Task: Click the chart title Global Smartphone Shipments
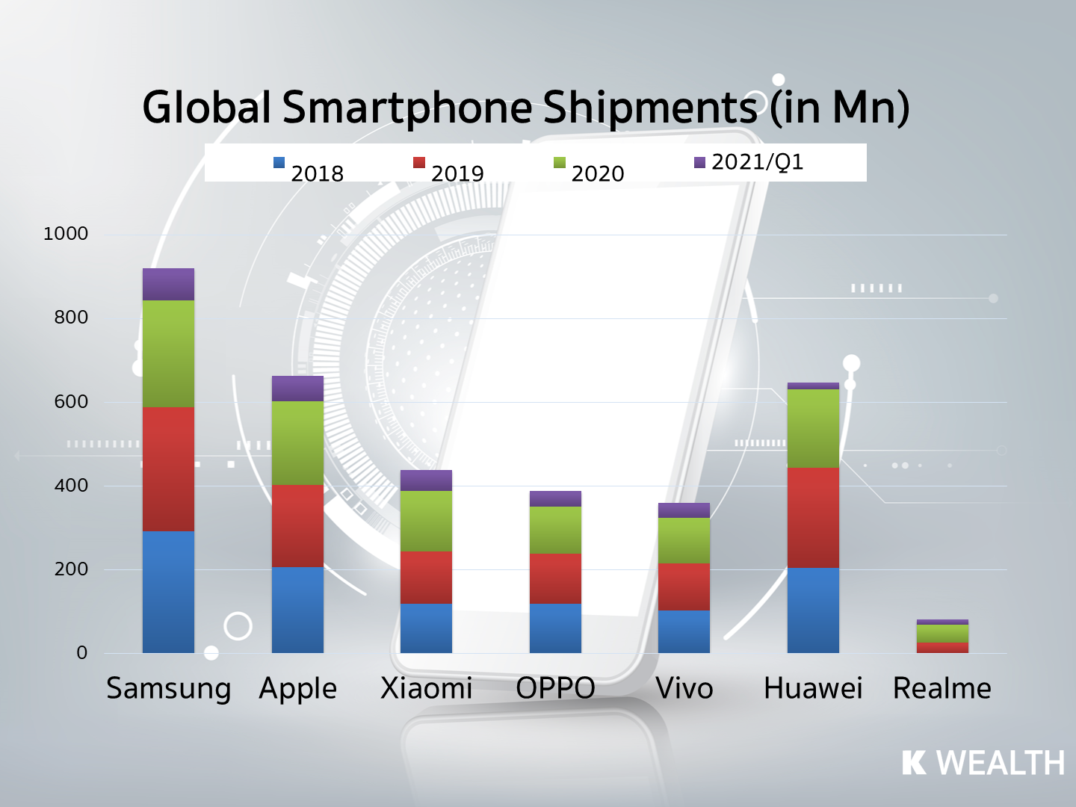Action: point(525,107)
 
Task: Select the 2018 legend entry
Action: point(309,170)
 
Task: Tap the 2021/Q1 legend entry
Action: point(749,162)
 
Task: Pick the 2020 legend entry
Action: point(589,170)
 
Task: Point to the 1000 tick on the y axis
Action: point(66,234)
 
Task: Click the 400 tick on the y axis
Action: point(71,485)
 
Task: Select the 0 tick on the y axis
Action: point(81,652)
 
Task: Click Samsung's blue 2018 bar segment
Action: point(168,592)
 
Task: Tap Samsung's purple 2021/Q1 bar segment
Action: point(168,284)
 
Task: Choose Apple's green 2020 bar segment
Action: point(297,443)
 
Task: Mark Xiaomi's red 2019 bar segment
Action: point(426,577)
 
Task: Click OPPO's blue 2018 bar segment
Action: point(555,628)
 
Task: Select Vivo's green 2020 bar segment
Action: point(684,540)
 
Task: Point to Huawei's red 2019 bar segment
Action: point(813,517)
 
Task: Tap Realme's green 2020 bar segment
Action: point(942,633)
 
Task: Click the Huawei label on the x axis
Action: point(813,688)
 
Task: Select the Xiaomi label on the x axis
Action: point(426,688)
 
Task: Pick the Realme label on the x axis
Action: point(942,688)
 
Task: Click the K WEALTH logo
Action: point(983,763)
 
